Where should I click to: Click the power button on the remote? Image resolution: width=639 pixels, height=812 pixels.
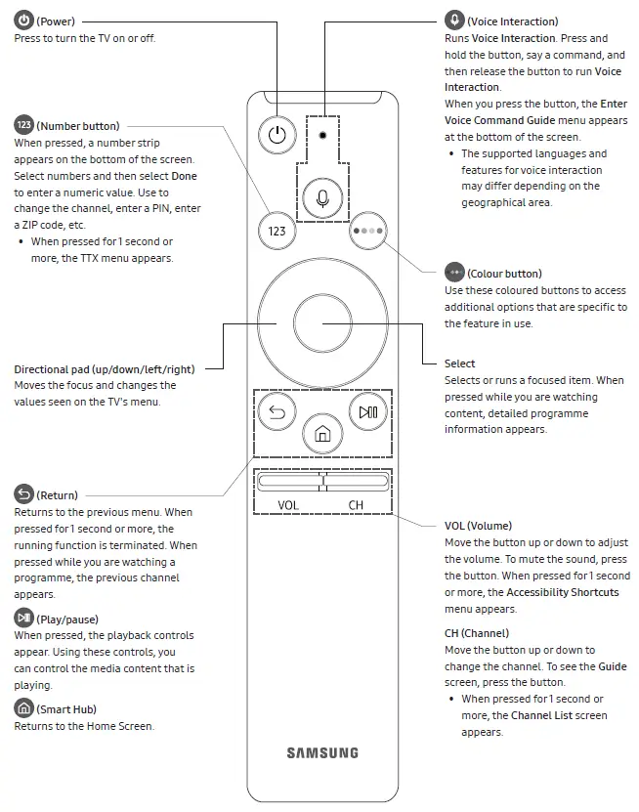[277, 135]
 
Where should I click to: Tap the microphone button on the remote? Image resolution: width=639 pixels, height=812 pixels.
[322, 198]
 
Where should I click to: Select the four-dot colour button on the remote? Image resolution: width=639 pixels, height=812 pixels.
[369, 231]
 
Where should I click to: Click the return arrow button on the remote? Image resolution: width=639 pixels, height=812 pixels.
[277, 412]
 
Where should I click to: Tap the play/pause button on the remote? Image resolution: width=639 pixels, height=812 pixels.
[368, 412]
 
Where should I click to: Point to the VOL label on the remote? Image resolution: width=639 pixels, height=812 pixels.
[288, 505]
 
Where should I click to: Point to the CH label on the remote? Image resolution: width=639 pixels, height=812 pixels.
[356, 505]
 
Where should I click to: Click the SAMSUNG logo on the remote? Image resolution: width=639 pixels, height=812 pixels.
[322, 752]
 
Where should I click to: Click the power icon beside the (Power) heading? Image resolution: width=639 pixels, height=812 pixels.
[23, 21]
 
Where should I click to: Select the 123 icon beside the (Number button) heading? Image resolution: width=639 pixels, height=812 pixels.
[23, 125]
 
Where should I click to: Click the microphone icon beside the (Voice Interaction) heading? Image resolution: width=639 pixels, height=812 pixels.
[454, 21]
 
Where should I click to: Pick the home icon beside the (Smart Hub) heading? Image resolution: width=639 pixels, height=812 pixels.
[23, 708]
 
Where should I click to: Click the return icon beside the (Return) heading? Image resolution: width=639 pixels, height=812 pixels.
[23, 494]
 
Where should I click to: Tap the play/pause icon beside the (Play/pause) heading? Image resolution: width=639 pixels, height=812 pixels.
[23, 619]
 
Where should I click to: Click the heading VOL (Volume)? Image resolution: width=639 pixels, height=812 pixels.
[478, 526]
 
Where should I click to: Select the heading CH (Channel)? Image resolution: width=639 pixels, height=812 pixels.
[479, 633]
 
